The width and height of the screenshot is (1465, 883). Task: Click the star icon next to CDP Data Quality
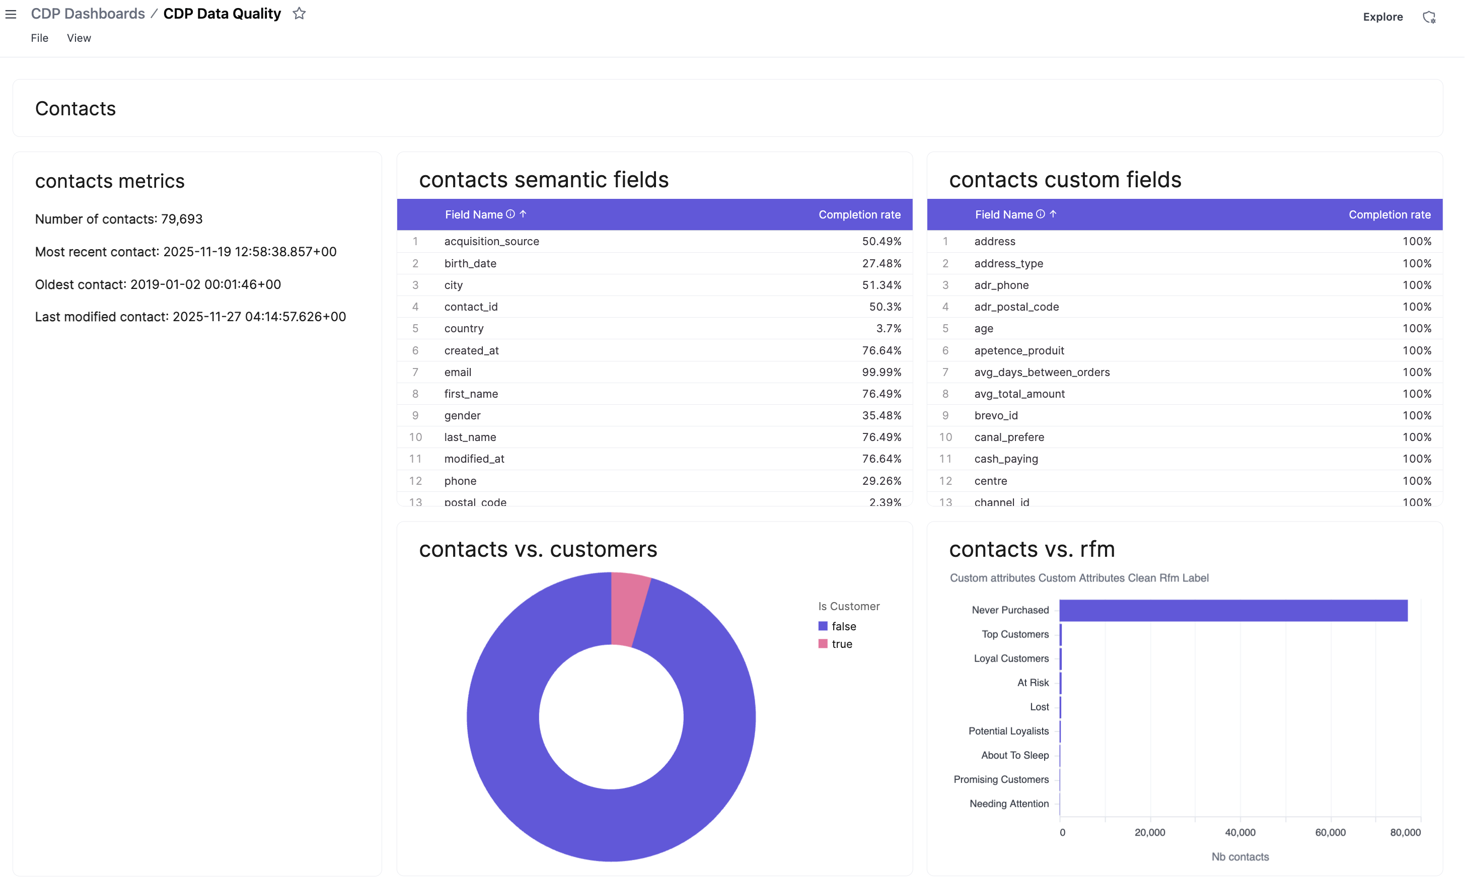(299, 14)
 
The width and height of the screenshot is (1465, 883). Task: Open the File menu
(39, 38)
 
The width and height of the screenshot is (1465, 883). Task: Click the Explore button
(1382, 17)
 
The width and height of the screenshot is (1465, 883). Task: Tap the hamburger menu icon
(11, 14)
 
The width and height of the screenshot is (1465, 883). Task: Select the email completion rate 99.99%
(881, 372)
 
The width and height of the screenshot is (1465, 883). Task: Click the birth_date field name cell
(470, 263)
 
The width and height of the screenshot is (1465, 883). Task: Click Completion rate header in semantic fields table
(859, 214)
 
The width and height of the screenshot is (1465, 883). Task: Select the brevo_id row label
(995, 416)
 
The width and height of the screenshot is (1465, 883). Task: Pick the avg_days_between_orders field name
(1042, 372)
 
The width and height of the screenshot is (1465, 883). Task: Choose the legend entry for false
(843, 626)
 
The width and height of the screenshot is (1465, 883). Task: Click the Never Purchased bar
(1233, 611)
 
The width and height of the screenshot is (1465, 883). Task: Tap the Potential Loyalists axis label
(1008, 731)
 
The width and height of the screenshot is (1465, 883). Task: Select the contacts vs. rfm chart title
(1032, 549)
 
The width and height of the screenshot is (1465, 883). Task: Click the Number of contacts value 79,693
(181, 219)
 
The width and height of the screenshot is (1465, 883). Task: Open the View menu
(79, 38)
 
